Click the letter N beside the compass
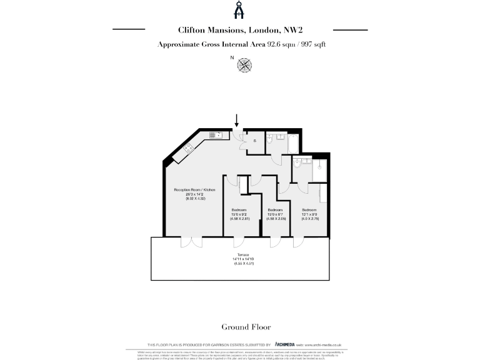(232, 57)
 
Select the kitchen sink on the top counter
(216, 134)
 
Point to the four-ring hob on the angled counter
(188, 149)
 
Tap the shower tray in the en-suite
(320, 166)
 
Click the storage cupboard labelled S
(254, 141)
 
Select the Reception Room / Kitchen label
(194, 189)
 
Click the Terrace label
(241, 256)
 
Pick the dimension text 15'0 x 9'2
(240, 214)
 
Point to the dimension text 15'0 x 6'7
(276, 214)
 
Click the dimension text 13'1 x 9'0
(310, 214)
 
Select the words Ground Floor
(240, 327)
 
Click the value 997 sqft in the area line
(312, 44)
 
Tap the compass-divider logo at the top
(240, 10)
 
